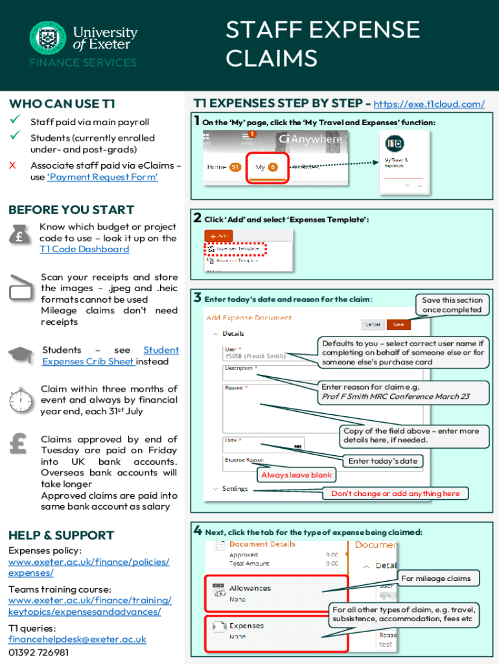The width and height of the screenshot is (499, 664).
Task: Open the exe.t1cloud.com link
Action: pyautogui.click(x=429, y=104)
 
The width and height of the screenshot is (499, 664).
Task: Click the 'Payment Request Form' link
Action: pyautogui.click(x=103, y=177)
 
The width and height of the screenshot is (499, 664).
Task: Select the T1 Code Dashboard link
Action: pyautogui.click(x=84, y=249)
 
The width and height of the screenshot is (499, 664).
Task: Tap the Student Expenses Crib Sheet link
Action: pyautogui.click(x=110, y=355)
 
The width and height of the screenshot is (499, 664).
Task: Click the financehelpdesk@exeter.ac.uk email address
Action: pyautogui.click(x=77, y=639)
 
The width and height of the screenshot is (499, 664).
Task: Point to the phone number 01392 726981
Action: pyautogui.click(x=38, y=652)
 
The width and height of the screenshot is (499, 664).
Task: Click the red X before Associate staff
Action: pyautogui.click(x=12, y=165)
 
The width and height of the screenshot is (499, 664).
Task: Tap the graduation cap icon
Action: pyautogui.click(x=20, y=355)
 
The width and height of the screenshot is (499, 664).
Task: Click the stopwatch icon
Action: pyautogui.click(x=21, y=396)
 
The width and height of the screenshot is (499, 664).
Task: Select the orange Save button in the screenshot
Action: pyautogui.click(x=398, y=324)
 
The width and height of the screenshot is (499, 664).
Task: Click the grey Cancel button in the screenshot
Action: pyautogui.click(x=373, y=324)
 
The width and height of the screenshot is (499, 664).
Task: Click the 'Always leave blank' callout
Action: pyautogui.click(x=296, y=475)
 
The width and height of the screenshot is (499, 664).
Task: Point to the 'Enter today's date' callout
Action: pyautogui.click(x=383, y=461)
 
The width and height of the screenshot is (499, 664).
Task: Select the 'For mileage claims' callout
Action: pyautogui.click(x=435, y=578)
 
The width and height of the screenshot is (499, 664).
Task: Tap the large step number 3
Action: pyautogui.click(x=197, y=298)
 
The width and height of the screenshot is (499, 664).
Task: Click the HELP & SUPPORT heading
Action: pyautogui.click(x=61, y=535)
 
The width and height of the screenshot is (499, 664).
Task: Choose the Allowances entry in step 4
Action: pyautogui.click(x=250, y=589)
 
